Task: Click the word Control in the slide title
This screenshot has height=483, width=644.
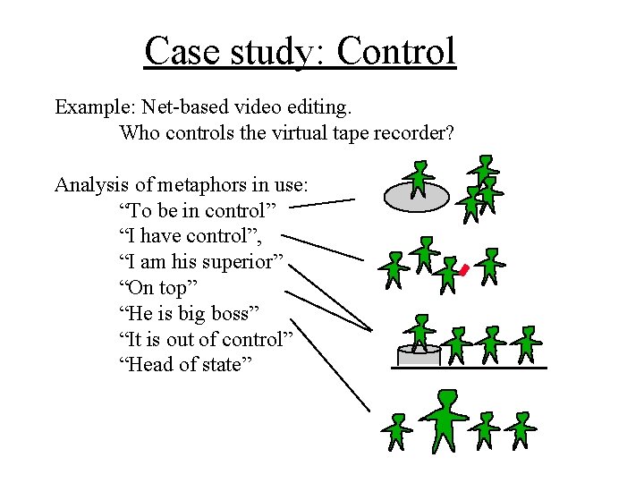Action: click(x=396, y=52)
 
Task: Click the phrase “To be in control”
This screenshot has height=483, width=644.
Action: click(x=198, y=211)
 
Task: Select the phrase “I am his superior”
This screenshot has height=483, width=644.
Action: click(x=201, y=262)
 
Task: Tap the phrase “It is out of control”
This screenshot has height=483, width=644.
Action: click(x=206, y=339)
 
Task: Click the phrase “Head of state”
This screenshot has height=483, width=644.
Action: click(x=184, y=365)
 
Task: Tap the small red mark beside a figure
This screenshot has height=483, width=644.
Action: click(x=463, y=269)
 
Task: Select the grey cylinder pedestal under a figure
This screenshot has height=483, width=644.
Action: click(x=419, y=355)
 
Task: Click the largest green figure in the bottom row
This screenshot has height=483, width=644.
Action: click(x=445, y=419)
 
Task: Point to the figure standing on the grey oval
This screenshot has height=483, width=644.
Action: click(x=418, y=178)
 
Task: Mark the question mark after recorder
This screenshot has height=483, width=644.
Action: click(x=449, y=133)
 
